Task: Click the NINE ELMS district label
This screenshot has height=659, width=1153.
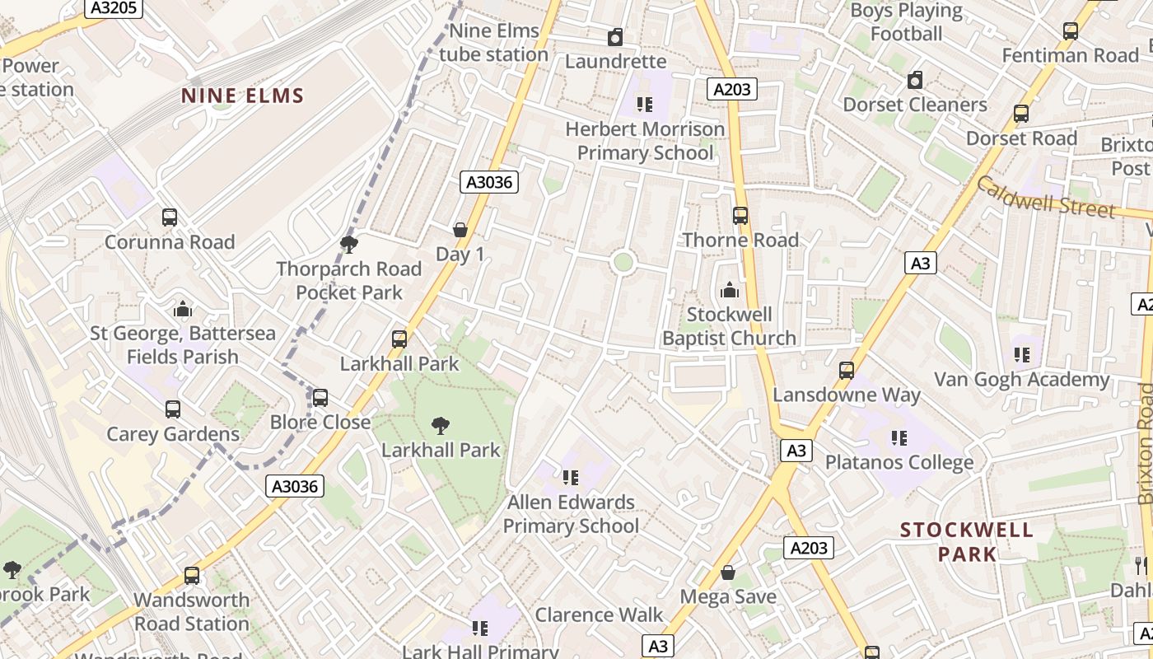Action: click(x=243, y=96)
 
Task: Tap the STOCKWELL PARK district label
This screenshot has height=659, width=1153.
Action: click(x=967, y=541)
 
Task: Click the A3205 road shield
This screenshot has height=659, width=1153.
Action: click(x=114, y=9)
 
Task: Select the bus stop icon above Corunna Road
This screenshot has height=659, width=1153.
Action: click(x=170, y=217)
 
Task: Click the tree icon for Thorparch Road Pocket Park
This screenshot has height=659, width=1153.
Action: click(x=349, y=244)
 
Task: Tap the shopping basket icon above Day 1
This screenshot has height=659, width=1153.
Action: click(x=460, y=230)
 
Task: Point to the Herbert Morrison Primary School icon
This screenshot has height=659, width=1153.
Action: click(x=645, y=105)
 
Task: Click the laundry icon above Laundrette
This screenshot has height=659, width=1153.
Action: click(x=615, y=37)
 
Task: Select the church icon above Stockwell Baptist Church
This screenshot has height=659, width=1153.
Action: click(x=729, y=290)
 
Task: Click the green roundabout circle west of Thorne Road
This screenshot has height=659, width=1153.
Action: click(x=623, y=262)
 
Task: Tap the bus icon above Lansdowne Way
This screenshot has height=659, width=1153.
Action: click(x=847, y=371)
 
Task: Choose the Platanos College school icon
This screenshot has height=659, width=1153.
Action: click(x=899, y=438)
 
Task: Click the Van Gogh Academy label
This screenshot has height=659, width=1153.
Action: click(x=1021, y=380)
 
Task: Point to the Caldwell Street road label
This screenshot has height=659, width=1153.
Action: click(x=1046, y=198)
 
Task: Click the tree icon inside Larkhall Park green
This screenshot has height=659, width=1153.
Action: click(x=441, y=426)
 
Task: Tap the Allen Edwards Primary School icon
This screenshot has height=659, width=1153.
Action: click(x=571, y=477)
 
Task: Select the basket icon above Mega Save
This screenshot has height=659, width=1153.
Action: click(x=728, y=573)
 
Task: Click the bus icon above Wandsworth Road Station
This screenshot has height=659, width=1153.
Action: click(x=192, y=575)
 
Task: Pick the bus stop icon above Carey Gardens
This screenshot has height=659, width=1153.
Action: click(x=173, y=409)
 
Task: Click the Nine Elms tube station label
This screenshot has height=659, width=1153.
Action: click(x=493, y=43)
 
